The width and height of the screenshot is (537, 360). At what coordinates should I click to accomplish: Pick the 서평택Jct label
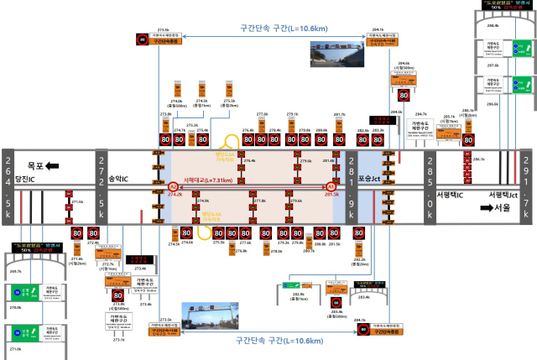[x=505, y=194]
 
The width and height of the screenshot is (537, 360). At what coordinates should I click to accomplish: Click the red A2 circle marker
[x=172, y=185]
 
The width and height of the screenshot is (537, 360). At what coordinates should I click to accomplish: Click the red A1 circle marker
[x=331, y=185]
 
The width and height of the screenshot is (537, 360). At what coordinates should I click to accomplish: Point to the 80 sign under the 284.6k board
[x=404, y=96]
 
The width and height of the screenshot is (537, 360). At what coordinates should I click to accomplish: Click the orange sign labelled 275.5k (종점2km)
[x=228, y=89]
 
